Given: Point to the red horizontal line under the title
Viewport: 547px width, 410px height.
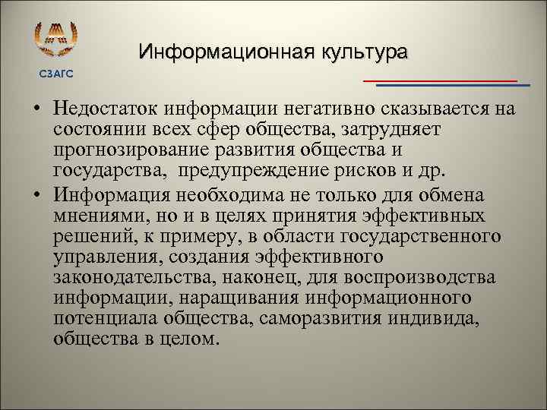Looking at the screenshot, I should tap(440, 80).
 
